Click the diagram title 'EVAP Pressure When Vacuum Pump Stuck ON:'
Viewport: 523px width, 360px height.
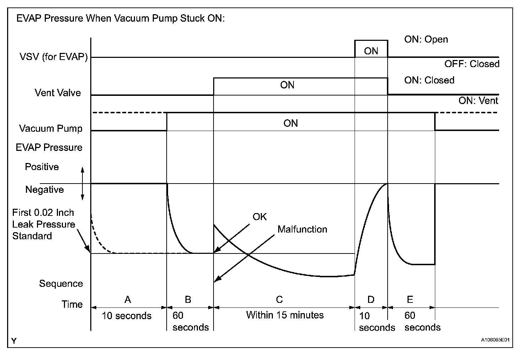(120, 18)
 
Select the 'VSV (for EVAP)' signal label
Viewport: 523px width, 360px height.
(53, 57)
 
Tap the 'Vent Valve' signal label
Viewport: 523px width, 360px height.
(58, 93)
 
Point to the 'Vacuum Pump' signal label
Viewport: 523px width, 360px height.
(51, 128)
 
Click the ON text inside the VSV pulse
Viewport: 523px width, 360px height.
(371, 51)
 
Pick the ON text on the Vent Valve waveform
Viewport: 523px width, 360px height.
(287, 85)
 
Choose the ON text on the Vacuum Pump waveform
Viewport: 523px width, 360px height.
(290, 123)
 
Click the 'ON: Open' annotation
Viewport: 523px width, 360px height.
(426, 39)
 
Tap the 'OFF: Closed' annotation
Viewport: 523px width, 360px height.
(471, 64)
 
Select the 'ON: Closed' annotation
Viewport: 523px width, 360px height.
(429, 80)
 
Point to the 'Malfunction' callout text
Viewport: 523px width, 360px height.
(302, 229)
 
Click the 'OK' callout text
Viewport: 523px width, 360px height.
(260, 217)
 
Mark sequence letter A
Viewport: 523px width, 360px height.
(128, 299)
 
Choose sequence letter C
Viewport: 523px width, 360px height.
(279, 299)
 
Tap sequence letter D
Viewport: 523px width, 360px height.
(371, 299)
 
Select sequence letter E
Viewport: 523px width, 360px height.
(410, 299)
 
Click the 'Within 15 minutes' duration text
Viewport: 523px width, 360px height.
(285, 315)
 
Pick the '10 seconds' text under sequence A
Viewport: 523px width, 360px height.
(126, 316)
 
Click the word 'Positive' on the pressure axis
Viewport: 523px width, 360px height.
(42, 167)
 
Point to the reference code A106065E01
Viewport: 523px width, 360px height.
(495, 340)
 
